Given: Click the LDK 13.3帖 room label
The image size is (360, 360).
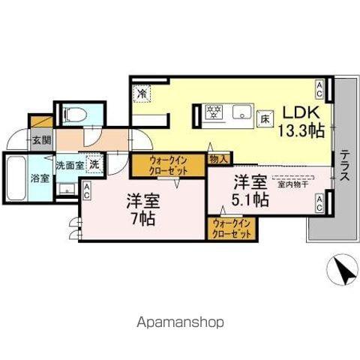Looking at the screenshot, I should click(302, 121).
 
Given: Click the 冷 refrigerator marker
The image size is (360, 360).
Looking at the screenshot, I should click(142, 94).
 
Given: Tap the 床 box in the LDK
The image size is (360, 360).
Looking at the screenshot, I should click(265, 118).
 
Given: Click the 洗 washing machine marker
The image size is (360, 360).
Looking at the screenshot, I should click(94, 163).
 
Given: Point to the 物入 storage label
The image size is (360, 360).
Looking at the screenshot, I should click(219, 158).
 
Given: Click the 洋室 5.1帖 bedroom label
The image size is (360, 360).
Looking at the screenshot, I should click(250, 190).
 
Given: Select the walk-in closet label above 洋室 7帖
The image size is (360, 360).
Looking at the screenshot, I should click(167, 164).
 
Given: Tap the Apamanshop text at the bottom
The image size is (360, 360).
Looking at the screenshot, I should click(180, 322).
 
